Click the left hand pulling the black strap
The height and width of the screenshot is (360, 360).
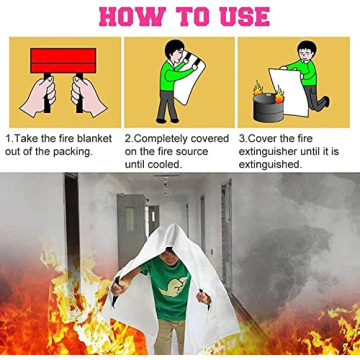tap(38, 100)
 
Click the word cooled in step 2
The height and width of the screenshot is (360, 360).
tap(166, 163)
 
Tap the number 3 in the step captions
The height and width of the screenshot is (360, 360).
tap(241, 137)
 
